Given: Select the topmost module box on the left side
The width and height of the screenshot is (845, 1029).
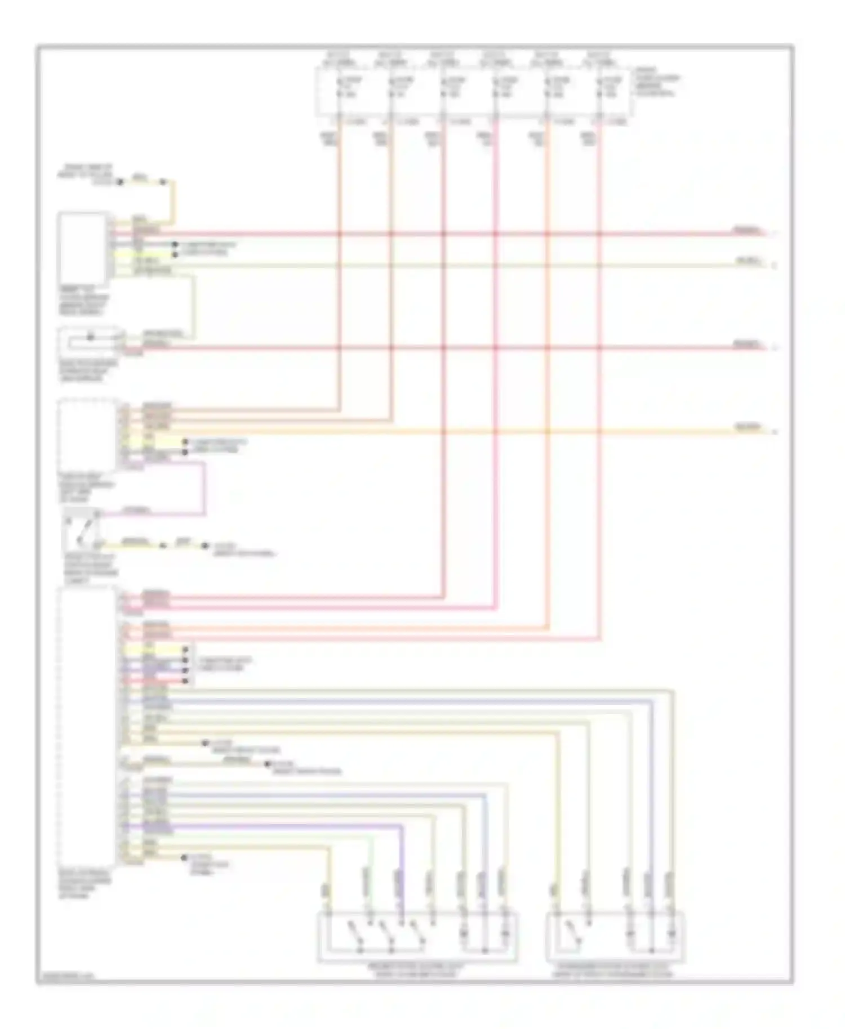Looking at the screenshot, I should pos(82,248).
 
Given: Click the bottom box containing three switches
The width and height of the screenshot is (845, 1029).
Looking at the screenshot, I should pos(417,937).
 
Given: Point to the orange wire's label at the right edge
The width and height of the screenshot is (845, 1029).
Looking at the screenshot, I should pos(749,428).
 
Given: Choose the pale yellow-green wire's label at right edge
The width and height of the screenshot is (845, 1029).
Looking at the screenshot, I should pos(749,262).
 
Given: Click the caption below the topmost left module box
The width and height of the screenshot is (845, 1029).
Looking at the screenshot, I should pos(84,301).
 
